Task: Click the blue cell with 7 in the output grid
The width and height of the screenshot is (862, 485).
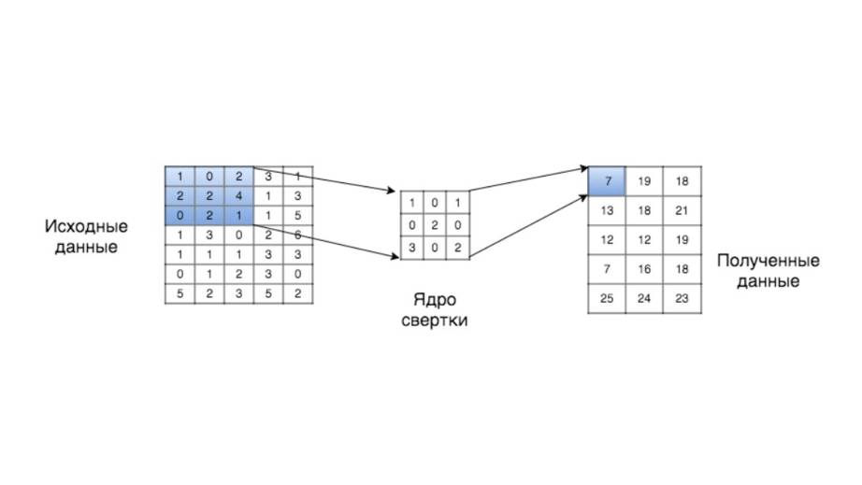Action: tap(608, 180)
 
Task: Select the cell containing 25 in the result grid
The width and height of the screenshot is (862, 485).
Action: tap(608, 300)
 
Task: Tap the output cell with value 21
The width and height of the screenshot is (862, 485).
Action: tap(682, 210)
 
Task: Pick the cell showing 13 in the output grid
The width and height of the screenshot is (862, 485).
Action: tap(608, 210)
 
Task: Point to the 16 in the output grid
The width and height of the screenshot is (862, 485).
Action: tap(644, 270)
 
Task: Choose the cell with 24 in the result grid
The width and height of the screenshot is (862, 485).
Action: tap(644, 300)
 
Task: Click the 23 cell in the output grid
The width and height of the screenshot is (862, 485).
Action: tap(682, 300)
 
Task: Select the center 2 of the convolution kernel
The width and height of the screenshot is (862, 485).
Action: tap(435, 225)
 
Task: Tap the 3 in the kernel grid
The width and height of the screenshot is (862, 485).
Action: tap(412, 248)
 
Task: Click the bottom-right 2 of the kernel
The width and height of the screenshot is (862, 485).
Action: tap(457, 248)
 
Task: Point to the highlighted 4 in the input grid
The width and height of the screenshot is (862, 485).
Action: tap(238, 196)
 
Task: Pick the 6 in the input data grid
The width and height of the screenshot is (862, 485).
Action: tap(297, 235)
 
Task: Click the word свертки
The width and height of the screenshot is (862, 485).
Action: tap(435, 321)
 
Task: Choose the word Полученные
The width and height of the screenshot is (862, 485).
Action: tap(768, 261)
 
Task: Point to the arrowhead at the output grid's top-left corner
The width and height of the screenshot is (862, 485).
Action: tap(583, 170)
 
